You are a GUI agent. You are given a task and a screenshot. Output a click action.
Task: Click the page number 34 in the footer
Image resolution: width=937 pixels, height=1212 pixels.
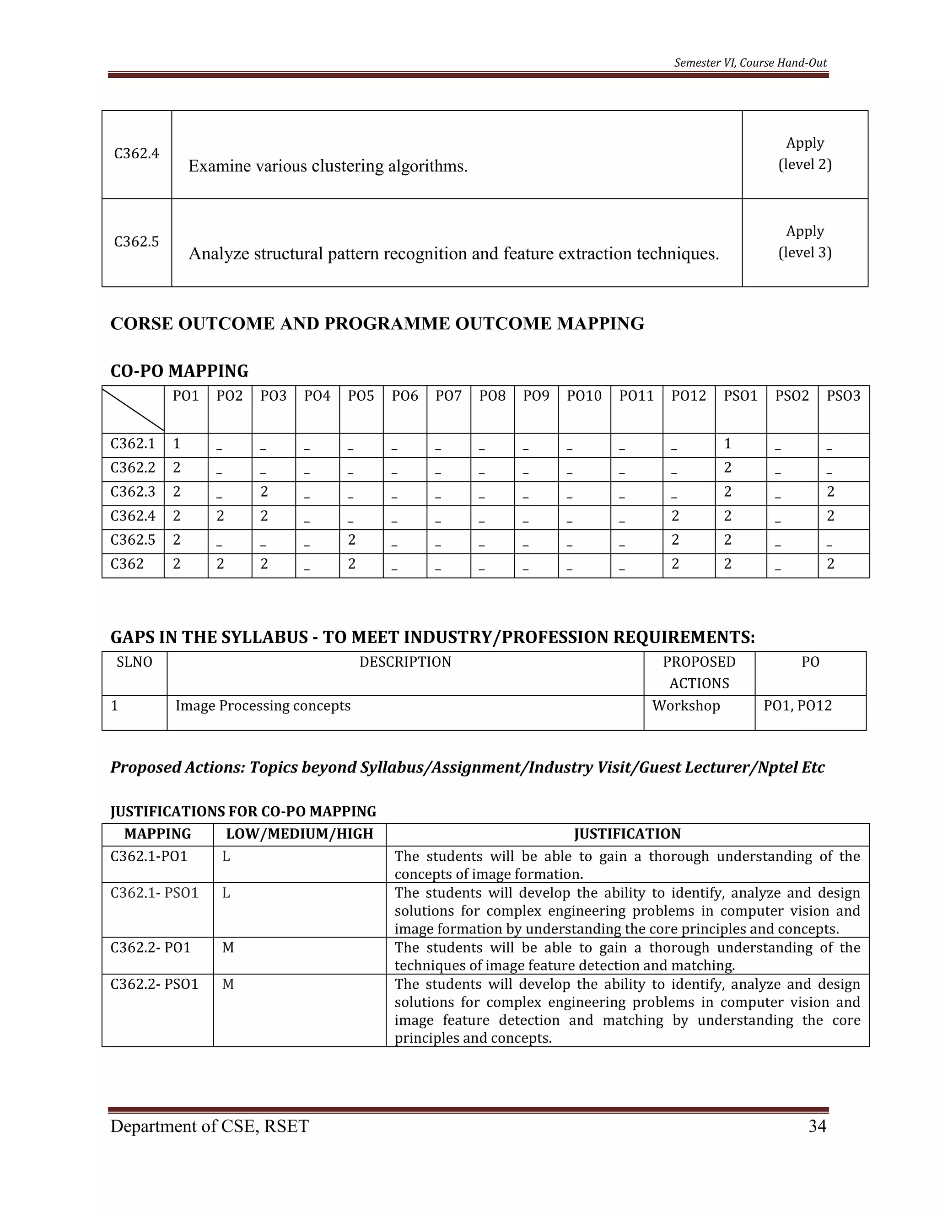click(x=817, y=1126)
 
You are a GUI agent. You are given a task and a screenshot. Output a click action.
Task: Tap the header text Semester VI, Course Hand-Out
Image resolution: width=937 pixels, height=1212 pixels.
click(x=750, y=63)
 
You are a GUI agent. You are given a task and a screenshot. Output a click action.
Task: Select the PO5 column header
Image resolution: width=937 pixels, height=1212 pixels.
click(x=361, y=396)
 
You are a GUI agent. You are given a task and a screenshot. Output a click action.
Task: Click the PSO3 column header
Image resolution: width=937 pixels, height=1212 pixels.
click(x=843, y=396)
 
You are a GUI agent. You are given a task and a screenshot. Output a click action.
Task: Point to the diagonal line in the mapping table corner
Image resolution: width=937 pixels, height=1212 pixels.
click(x=133, y=409)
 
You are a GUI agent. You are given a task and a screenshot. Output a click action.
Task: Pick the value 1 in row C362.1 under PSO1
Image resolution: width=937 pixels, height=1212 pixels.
click(x=728, y=443)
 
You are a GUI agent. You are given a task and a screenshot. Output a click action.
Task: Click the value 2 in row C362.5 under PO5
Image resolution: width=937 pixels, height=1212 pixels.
click(x=351, y=539)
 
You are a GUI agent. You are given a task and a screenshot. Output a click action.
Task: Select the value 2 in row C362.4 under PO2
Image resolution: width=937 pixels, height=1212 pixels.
click(x=221, y=515)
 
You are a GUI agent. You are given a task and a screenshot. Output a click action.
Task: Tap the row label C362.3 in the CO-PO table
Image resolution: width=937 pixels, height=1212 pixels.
click(x=133, y=492)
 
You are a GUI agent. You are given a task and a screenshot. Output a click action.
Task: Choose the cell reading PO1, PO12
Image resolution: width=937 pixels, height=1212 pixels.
click(x=797, y=705)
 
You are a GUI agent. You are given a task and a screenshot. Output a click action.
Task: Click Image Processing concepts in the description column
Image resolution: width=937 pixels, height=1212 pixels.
click(x=263, y=705)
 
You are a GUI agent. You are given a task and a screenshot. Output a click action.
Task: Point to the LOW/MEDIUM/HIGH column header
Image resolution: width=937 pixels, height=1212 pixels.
click(x=299, y=833)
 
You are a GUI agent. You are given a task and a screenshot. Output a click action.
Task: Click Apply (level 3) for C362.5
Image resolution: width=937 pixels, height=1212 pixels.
click(x=804, y=241)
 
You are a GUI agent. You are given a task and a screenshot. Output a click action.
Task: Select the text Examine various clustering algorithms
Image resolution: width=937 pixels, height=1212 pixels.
click(x=328, y=166)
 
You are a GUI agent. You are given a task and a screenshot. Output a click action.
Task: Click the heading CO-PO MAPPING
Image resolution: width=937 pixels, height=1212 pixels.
click(x=179, y=371)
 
